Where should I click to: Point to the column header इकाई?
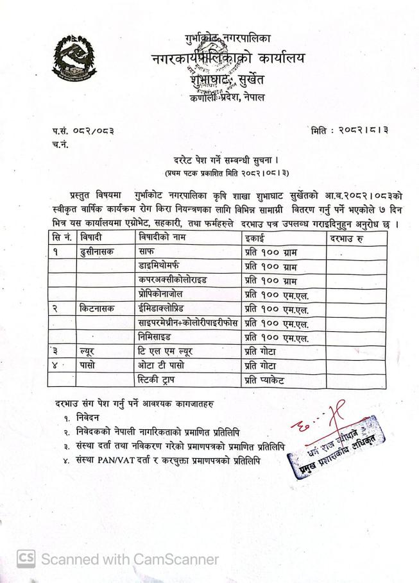click(x=256, y=238)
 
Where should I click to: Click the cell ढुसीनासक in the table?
click(x=96, y=252)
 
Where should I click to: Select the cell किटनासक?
click(x=96, y=309)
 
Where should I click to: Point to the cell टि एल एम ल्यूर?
click(x=166, y=352)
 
